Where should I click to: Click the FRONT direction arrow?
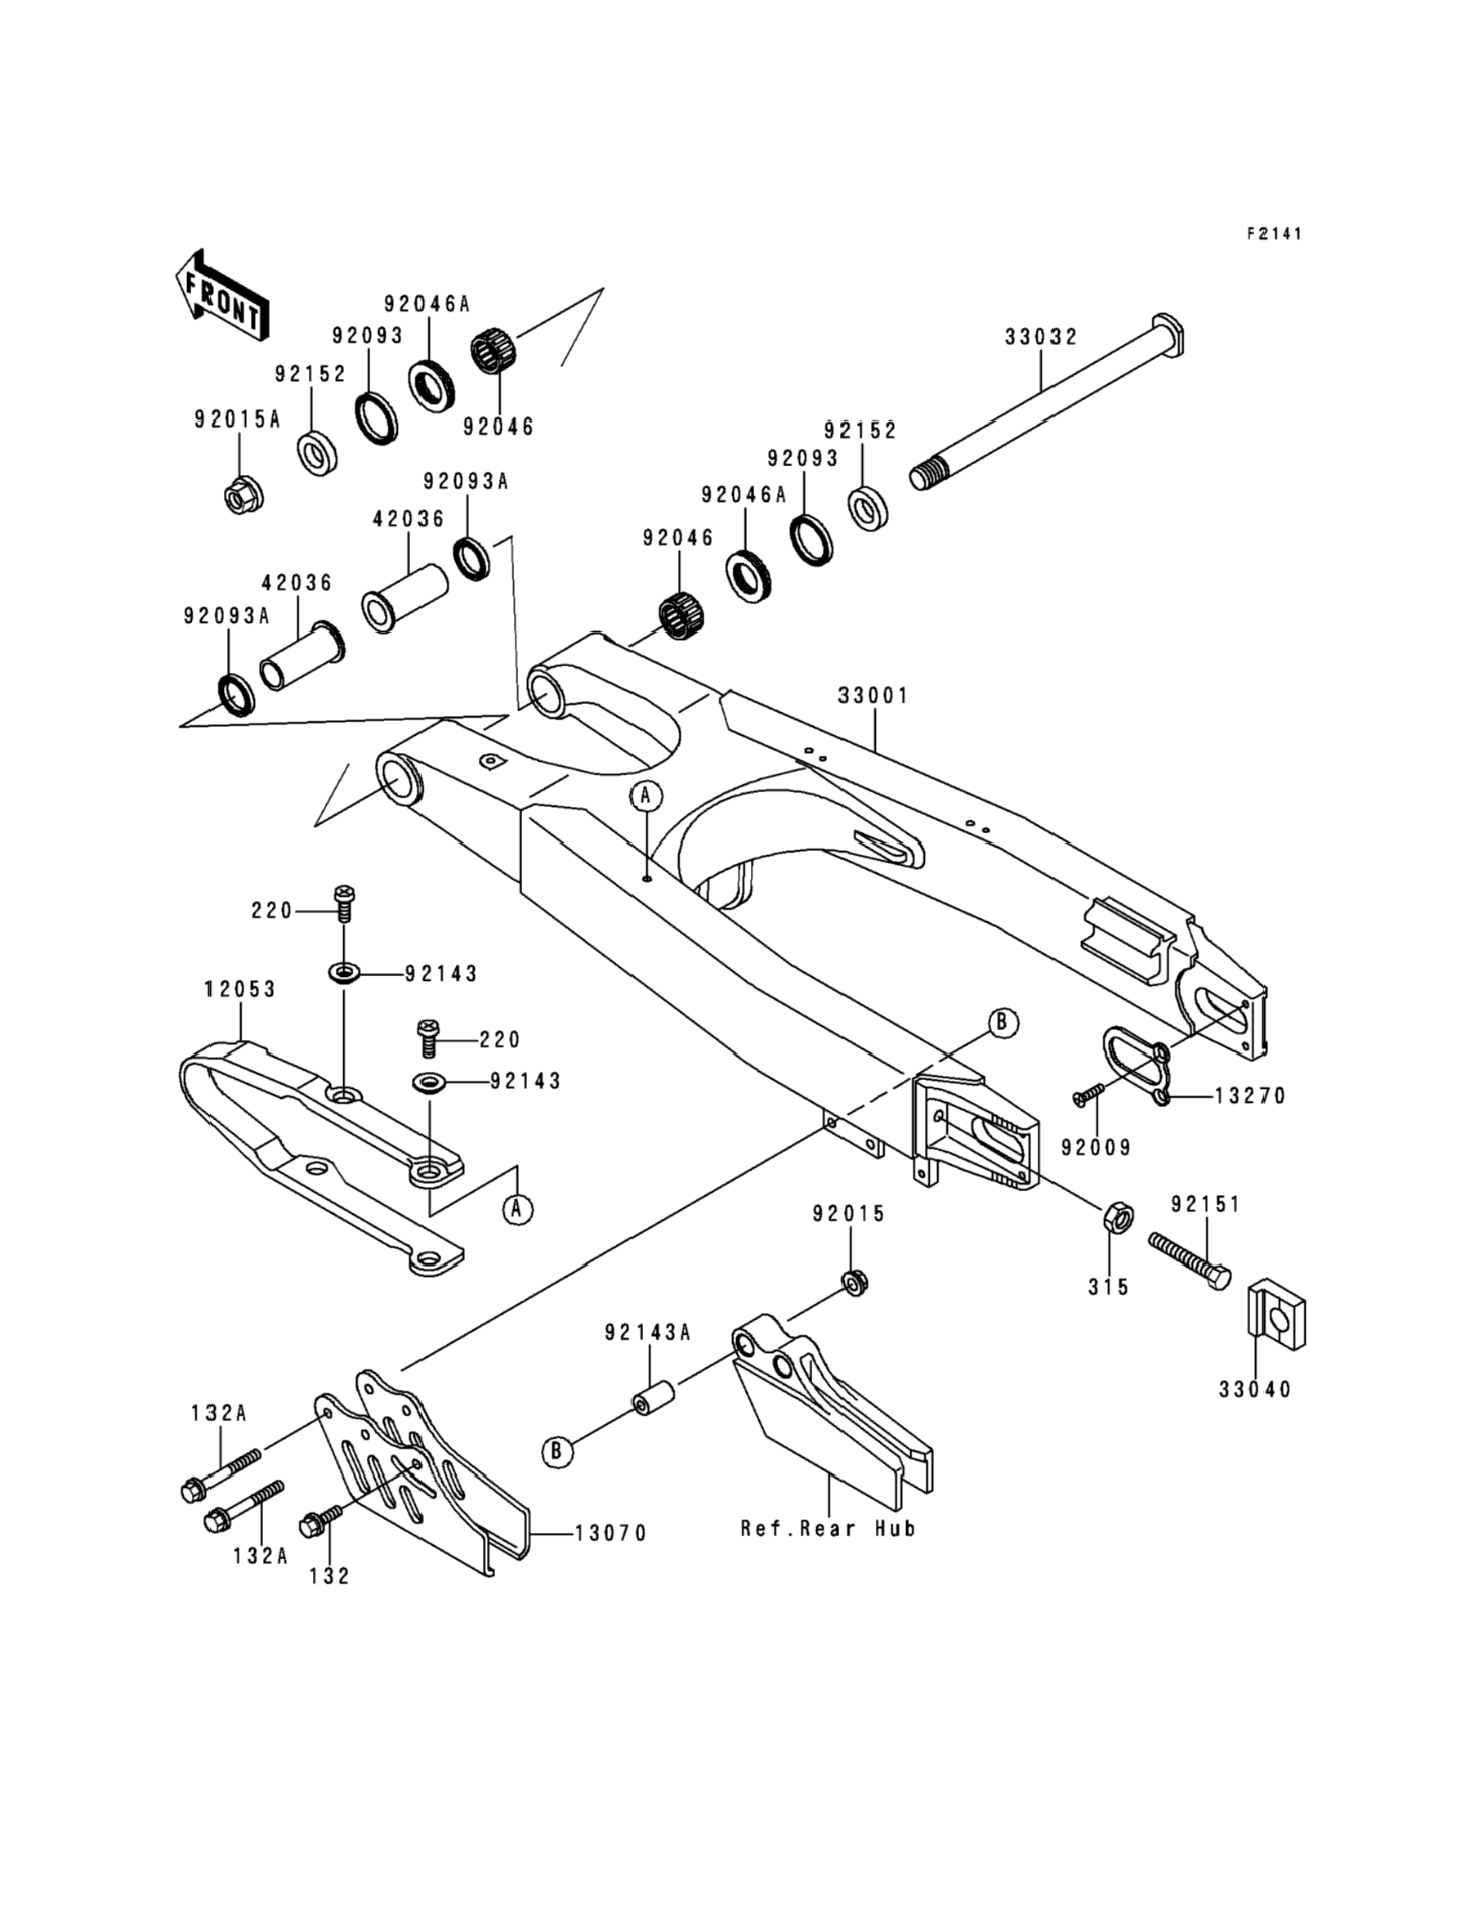[222, 294]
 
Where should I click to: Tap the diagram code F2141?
[1275, 234]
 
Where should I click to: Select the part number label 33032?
[1042, 337]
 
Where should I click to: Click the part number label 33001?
[874, 696]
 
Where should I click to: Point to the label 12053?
[240, 989]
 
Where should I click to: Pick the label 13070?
[611, 1534]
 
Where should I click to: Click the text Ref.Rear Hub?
[829, 1529]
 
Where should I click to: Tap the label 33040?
[1255, 1391]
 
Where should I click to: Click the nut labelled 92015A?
[239, 498]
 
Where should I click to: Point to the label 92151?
[1205, 1205]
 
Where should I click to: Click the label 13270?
[1250, 1096]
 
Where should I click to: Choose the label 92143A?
[647, 1333]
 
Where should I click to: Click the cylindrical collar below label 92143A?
[654, 1397]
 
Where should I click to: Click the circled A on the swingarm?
[646, 796]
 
